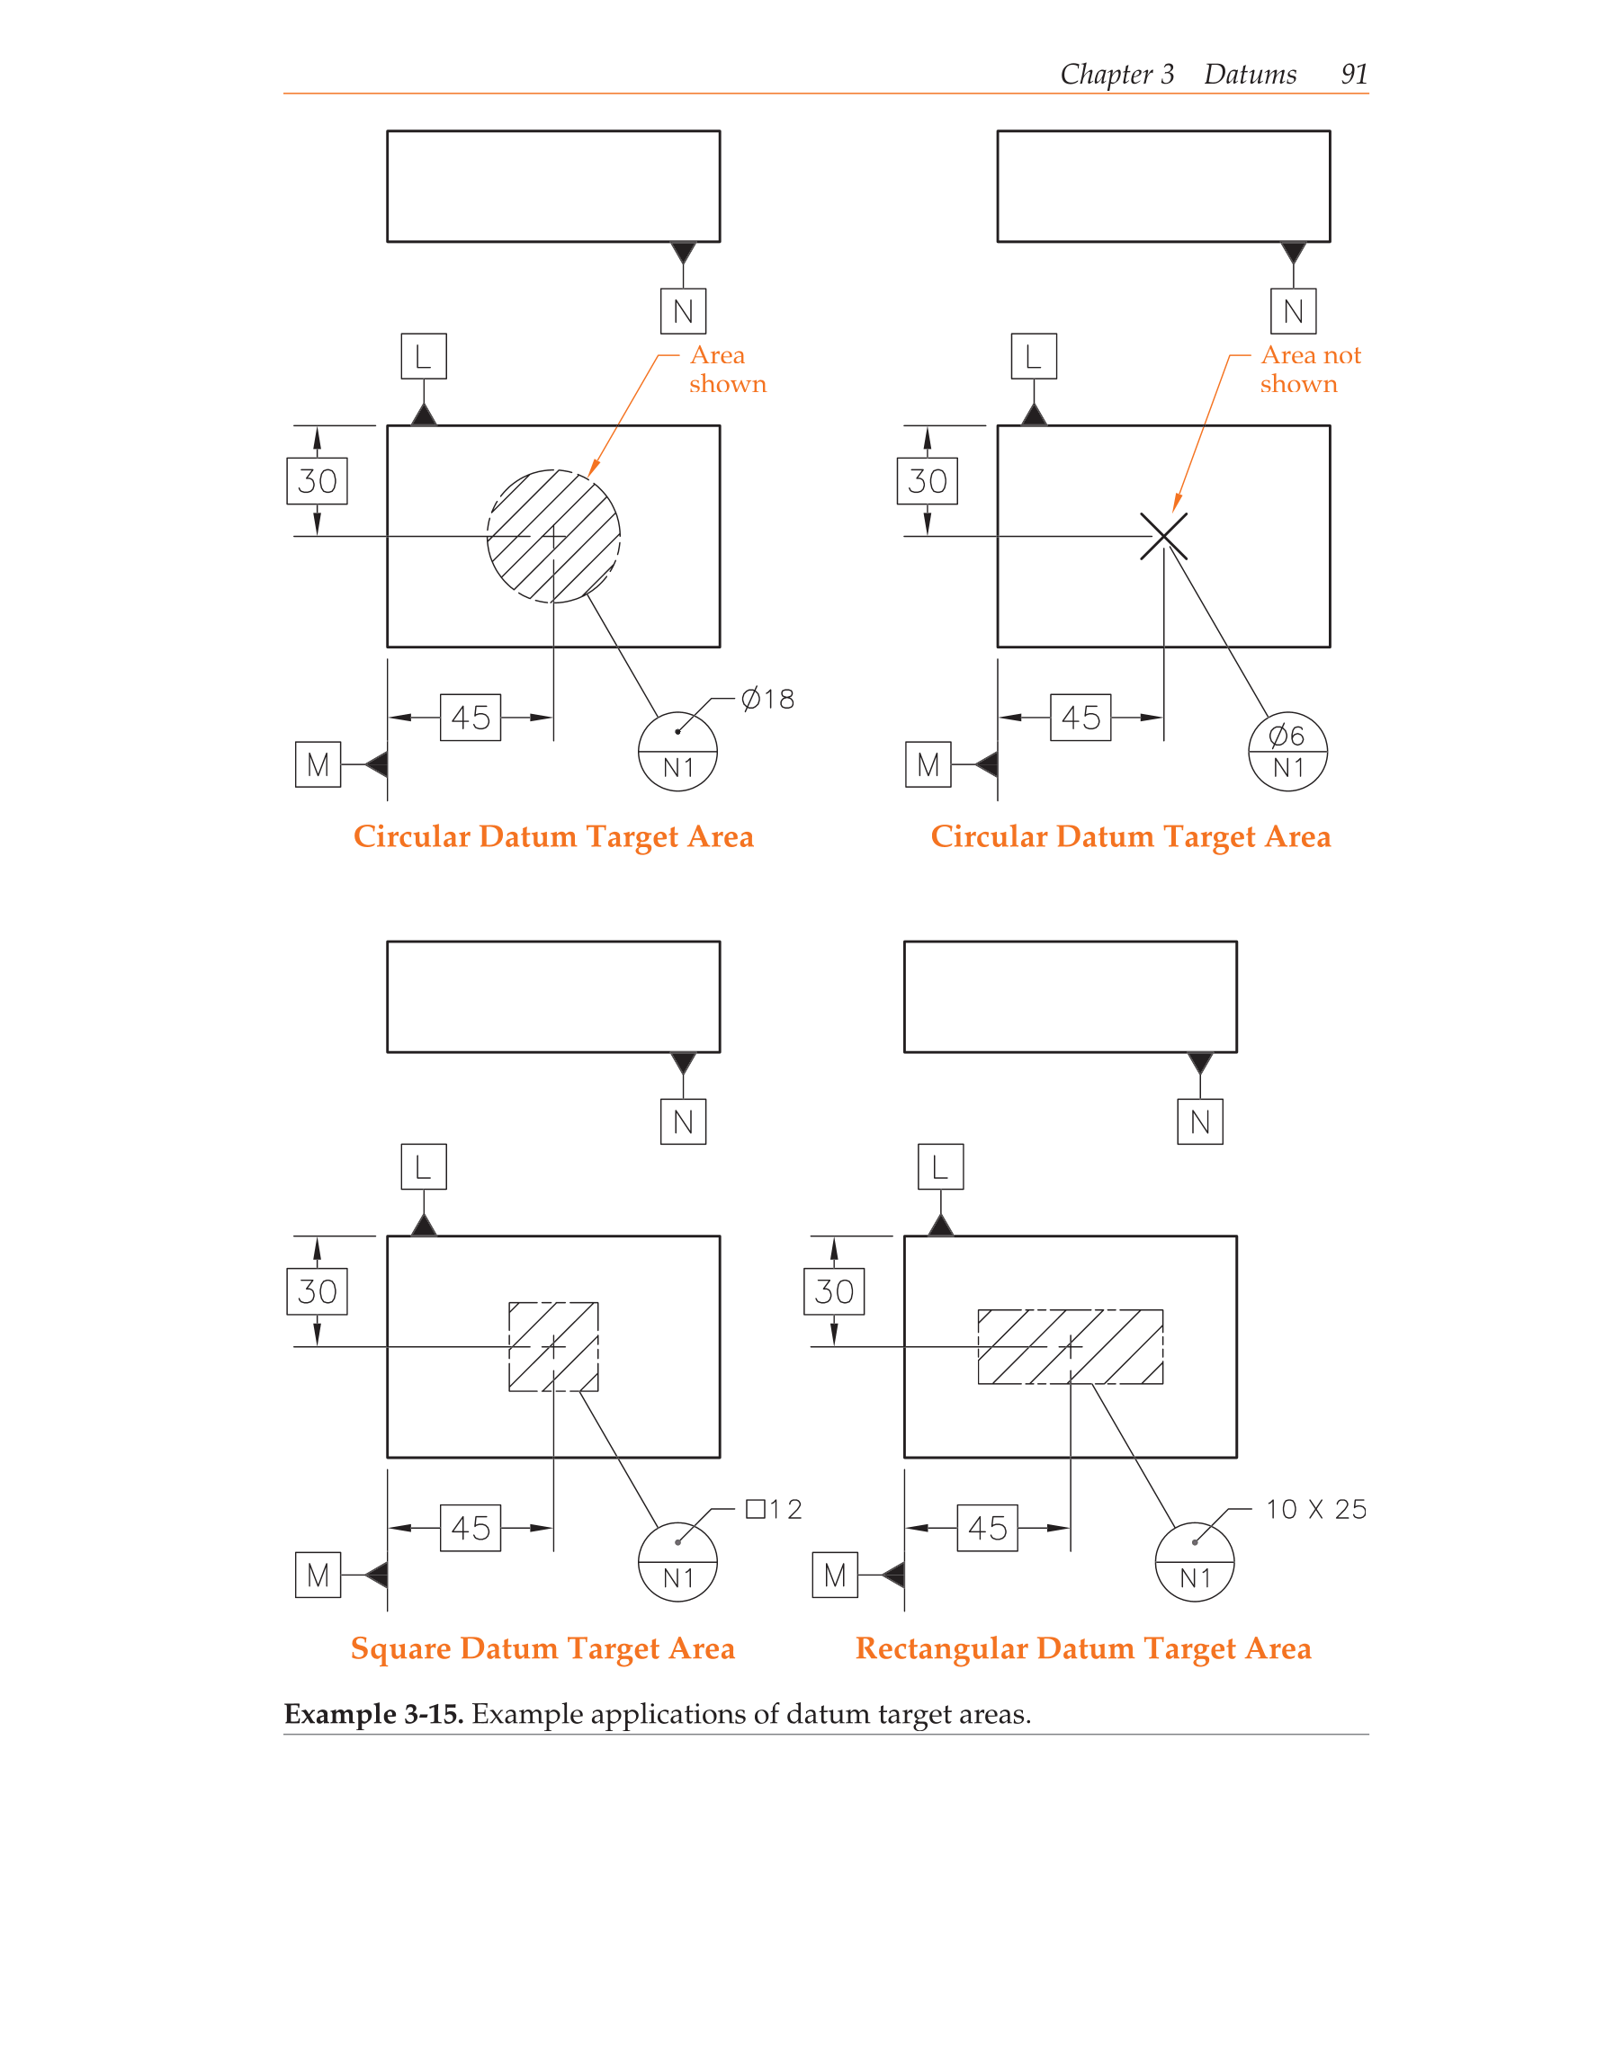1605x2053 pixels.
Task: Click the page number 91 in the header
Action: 1353,75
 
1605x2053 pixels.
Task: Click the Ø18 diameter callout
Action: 767,700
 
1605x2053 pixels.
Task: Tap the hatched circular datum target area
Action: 554,536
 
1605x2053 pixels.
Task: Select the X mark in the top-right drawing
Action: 1163,536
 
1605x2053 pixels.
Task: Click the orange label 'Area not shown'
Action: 1310,370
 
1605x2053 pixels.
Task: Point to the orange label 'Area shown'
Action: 726,370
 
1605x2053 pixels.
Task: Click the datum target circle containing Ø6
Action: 1287,751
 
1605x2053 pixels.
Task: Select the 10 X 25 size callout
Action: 1315,1510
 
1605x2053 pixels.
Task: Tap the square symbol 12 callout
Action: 774,1510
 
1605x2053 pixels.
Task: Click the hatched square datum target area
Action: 554,1346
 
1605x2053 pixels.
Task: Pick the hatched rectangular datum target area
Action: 1070,1346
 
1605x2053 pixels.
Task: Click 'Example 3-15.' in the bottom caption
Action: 373,1714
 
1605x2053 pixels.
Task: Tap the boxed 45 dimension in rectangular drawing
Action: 987,1528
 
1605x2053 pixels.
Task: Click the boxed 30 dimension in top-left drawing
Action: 317,481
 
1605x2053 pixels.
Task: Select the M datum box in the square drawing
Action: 318,1575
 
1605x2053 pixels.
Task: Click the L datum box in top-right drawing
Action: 1034,356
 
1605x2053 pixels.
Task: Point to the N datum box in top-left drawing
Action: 683,311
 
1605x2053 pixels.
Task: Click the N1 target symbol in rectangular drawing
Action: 1194,1562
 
